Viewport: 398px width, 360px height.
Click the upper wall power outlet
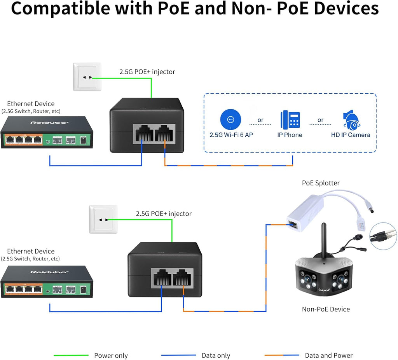pos(87,77)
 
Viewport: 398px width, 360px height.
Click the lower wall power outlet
pos(103,219)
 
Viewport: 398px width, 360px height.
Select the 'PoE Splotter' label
pos(321,183)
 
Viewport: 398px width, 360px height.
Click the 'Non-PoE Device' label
pos(326,309)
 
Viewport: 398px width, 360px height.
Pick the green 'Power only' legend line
pos(71,355)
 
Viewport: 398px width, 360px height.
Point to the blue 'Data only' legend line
pos(178,355)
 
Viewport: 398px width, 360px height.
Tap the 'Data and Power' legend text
pos(328,355)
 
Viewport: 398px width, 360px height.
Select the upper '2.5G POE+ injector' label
pos(147,72)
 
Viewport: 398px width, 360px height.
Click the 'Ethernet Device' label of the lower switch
pos(31,251)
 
